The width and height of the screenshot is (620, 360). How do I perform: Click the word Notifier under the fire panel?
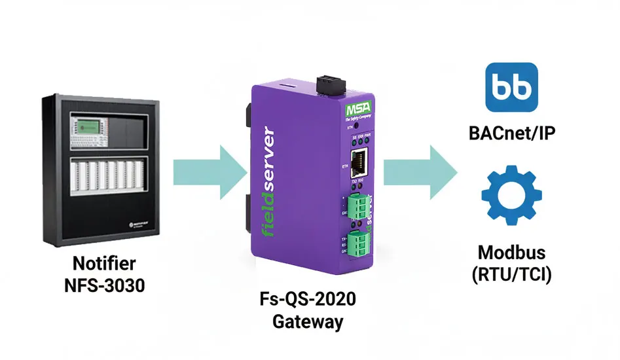click(x=104, y=264)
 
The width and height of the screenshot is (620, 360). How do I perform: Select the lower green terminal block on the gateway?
click(x=359, y=245)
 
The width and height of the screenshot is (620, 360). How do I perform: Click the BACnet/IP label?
click(x=513, y=134)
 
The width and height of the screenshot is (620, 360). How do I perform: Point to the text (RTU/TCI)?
click(x=512, y=274)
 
